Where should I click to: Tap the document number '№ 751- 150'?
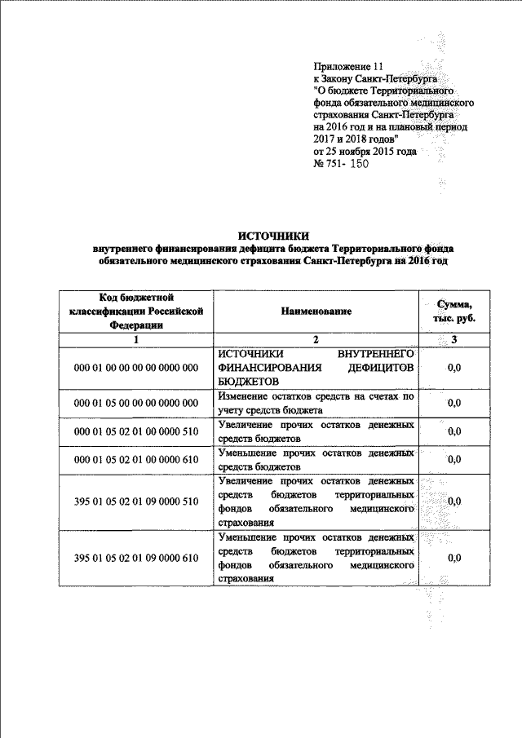pyautogui.click(x=342, y=164)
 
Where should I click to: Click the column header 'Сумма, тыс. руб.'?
pyautogui.click(x=455, y=311)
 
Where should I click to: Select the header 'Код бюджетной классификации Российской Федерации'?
pyautogui.click(x=137, y=311)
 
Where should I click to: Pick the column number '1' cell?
pyautogui.click(x=137, y=338)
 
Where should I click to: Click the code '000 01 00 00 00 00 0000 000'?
pyautogui.click(x=137, y=368)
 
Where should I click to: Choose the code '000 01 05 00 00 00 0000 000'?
pyautogui.click(x=137, y=403)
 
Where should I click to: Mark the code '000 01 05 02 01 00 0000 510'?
pyautogui.click(x=137, y=431)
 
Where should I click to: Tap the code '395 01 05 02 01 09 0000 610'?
pyautogui.click(x=137, y=559)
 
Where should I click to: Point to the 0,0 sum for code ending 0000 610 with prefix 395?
pyautogui.click(x=455, y=559)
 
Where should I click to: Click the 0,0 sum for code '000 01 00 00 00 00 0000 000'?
pyautogui.click(x=455, y=368)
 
